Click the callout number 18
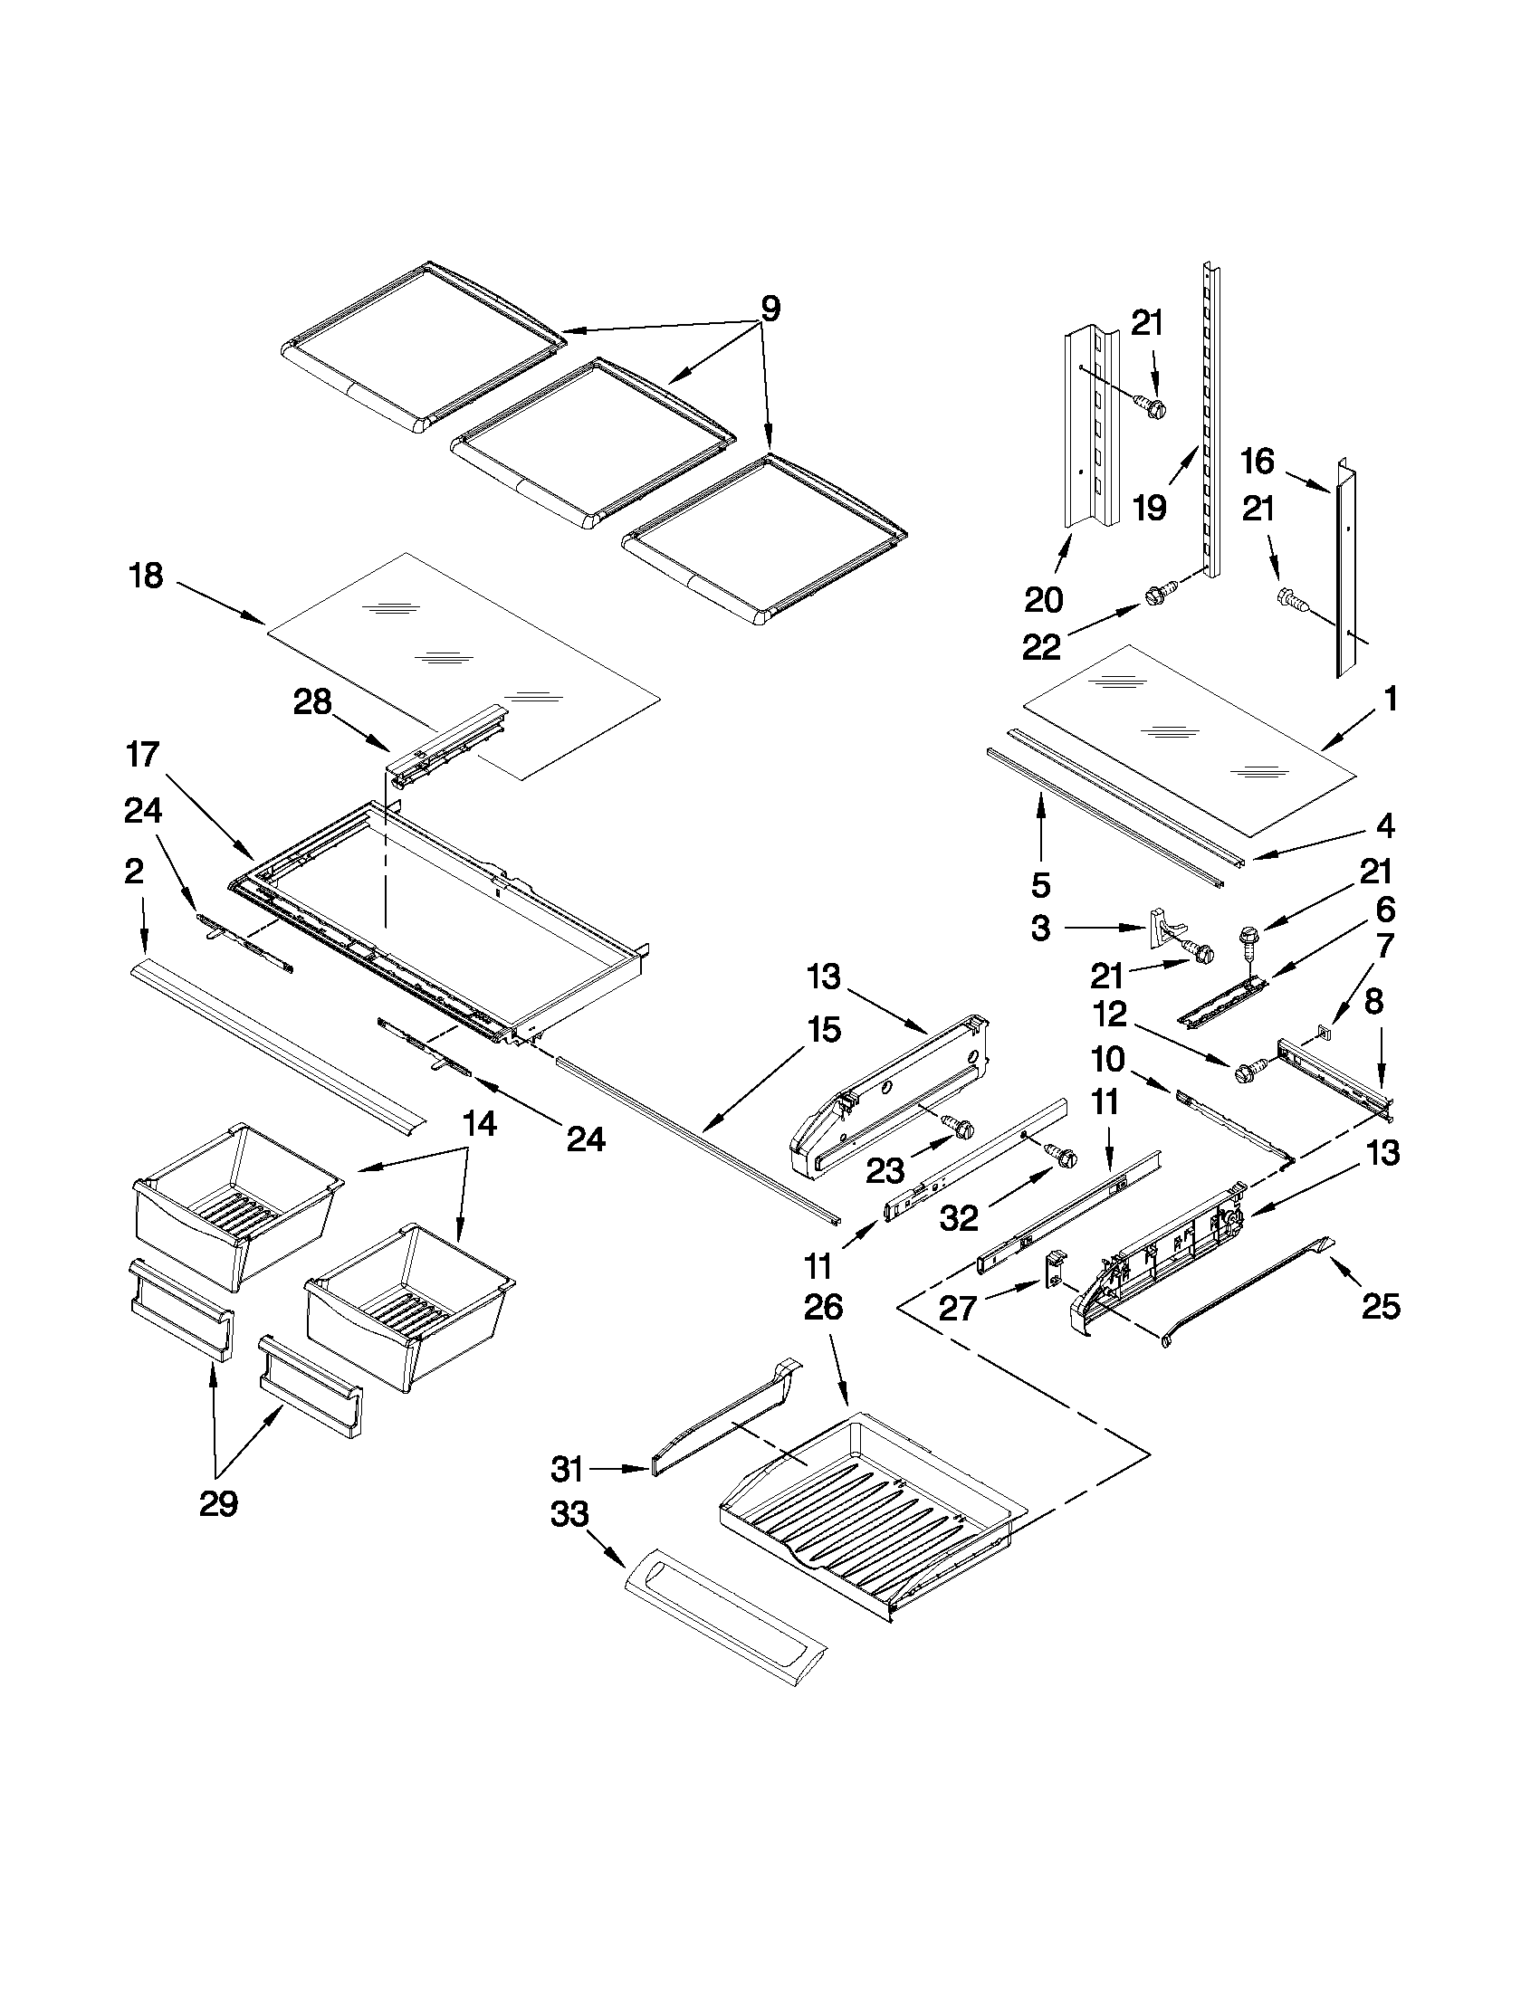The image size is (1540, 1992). (147, 577)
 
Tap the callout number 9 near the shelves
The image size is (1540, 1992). (770, 310)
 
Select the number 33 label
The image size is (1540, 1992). (570, 1515)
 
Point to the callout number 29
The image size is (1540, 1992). (218, 1502)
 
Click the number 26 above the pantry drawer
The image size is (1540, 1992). (823, 1307)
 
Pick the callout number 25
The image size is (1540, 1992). (1380, 1307)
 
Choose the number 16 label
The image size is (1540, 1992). (1258, 462)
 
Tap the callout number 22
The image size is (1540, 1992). (1041, 647)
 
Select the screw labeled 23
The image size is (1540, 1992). (959, 1128)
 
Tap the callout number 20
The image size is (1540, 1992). (1044, 600)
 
